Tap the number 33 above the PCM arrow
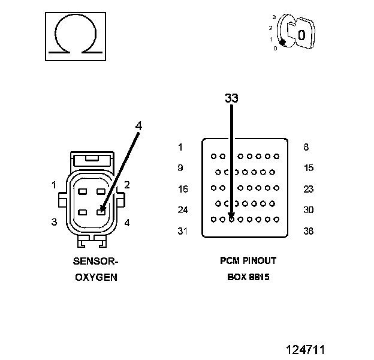click(x=231, y=97)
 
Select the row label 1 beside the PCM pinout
click(x=180, y=147)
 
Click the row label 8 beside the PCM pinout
click(x=307, y=147)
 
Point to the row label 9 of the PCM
click(x=180, y=168)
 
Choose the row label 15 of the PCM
click(x=309, y=168)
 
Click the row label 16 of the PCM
click(x=183, y=189)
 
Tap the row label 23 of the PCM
click(x=309, y=189)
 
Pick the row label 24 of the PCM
click(x=183, y=210)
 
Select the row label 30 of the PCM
click(x=309, y=210)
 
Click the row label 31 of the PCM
click(x=183, y=231)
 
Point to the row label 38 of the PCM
click(x=309, y=231)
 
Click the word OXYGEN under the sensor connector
click(x=96, y=277)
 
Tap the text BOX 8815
click(x=248, y=277)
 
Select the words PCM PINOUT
click(x=248, y=262)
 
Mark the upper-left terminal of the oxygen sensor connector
click(x=83, y=192)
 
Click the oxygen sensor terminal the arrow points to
click(x=102, y=211)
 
